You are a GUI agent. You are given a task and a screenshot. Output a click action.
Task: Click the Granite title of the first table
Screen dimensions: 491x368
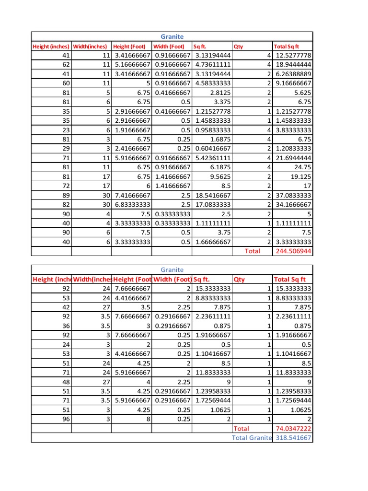coord(172,36)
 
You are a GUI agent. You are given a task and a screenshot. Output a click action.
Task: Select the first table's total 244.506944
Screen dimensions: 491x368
coord(292,251)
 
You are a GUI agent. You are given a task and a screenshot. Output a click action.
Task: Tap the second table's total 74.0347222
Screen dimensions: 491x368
coord(293,428)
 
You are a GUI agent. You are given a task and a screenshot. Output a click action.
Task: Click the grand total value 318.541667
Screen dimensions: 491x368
coord(293,438)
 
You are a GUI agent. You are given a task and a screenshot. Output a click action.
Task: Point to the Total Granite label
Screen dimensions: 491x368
coord(252,438)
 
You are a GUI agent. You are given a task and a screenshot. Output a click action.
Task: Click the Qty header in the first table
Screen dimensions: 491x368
coord(238,47)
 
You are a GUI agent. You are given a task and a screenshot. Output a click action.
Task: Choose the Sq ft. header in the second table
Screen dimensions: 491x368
coord(202,279)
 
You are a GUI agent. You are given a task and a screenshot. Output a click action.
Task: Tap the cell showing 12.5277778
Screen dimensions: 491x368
coord(293,56)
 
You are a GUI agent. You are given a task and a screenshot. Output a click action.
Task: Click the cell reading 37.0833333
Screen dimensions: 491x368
coord(293,196)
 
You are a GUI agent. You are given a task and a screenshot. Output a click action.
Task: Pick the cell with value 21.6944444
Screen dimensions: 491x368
coord(293,158)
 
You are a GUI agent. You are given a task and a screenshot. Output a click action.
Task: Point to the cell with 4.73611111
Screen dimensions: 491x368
coord(212,65)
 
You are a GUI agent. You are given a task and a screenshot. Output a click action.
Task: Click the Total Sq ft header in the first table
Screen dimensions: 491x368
coord(286,47)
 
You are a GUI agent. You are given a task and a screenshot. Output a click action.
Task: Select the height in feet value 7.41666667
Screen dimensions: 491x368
coord(132,196)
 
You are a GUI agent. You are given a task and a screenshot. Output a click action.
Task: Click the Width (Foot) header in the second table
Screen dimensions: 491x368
coord(172,279)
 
